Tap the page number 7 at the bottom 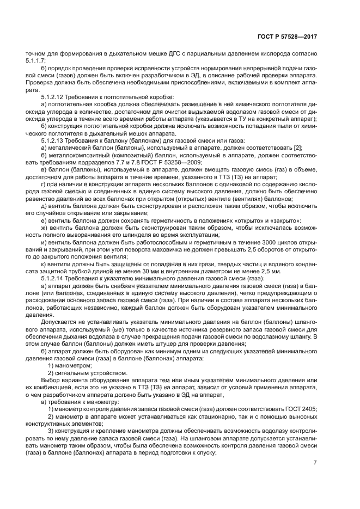tap(315, 463)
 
